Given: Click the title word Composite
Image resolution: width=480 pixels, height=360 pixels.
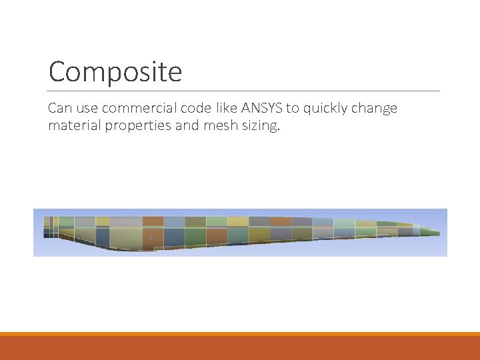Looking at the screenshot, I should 115,71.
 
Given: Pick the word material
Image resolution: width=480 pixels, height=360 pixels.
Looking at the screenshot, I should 75,125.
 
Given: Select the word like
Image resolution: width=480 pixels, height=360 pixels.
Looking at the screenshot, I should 222,108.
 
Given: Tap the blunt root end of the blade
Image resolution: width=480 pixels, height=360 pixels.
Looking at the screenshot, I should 47,227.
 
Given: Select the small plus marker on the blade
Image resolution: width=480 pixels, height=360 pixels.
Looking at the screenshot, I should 151,237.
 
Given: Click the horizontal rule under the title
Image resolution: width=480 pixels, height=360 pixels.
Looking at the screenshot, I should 244,91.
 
